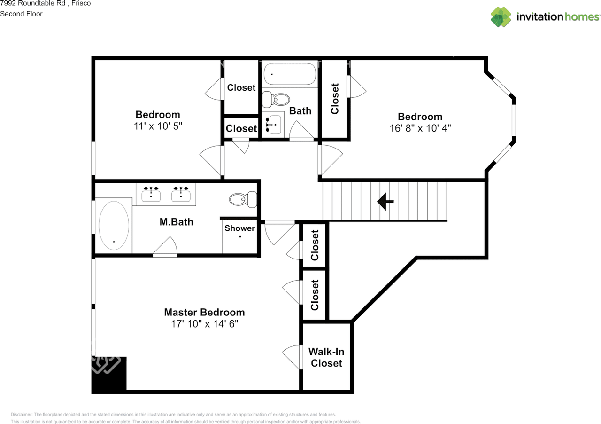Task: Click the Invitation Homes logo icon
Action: pyautogui.click(x=501, y=17)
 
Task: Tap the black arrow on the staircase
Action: pyautogui.click(x=385, y=201)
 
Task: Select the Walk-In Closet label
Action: pyautogui.click(x=326, y=357)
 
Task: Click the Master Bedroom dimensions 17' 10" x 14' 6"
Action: pyautogui.click(x=204, y=324)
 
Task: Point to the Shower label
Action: pyautogui.click(x=239, y=228)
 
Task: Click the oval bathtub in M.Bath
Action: pyautogui.click(x=114, y=226)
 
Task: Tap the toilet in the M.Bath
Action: pyautogui.click(x=243, y=199)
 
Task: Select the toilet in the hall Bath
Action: pyautogui.click(x=276, y=99)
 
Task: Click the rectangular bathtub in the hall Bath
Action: pyautogui.click(x=290, y=74)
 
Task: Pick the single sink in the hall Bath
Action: pyautogui.click(x=274, y=125)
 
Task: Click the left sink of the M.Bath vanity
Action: pyautogui.click(x=151, y=194)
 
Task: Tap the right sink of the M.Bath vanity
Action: pyautogui.click(x=181, y=194)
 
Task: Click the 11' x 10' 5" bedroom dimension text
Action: pyautogui.click(x=158, y=126)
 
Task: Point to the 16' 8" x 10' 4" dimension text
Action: pyautogui.click(x=420, y=128)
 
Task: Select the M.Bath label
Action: pyautogui.click(x=176, y=222)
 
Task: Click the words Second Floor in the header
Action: pyautogui.click(x=21, y=14)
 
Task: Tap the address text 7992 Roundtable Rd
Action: pyautogui.click(x=33, y=3)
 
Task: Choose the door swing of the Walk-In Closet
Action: pyautogui.click(x=292, y=357)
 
